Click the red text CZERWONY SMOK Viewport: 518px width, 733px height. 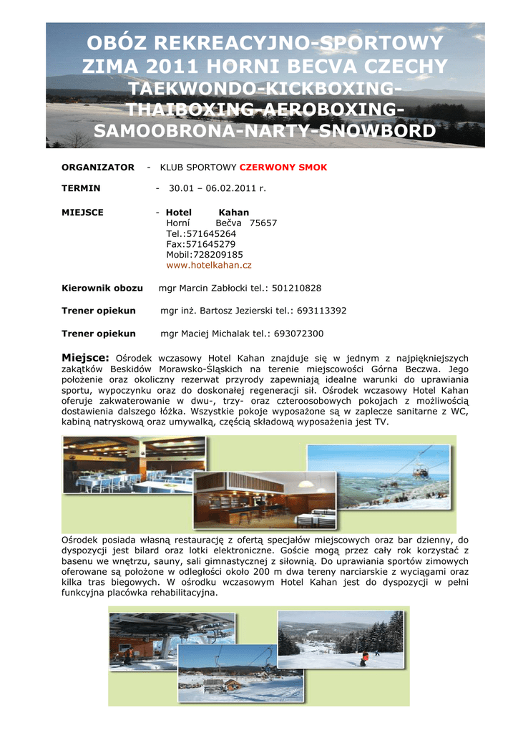coord(283,168)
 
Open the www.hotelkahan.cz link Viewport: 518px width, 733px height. coord(209,265)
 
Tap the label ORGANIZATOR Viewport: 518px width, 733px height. coord(98,168)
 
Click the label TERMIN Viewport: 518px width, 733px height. coord(81,188)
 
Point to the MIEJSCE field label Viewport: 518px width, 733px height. coord(82,213)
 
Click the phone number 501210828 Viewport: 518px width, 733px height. coord(296,288)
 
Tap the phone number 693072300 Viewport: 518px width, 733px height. coord(298,334)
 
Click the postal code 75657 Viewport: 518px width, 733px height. coord(263,223)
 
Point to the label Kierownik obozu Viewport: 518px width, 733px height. coord(102,288)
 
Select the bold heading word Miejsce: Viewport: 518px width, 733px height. coord(85,357)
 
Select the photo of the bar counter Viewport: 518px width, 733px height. coord(264,499)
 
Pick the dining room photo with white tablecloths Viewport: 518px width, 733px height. coord(134,465)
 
